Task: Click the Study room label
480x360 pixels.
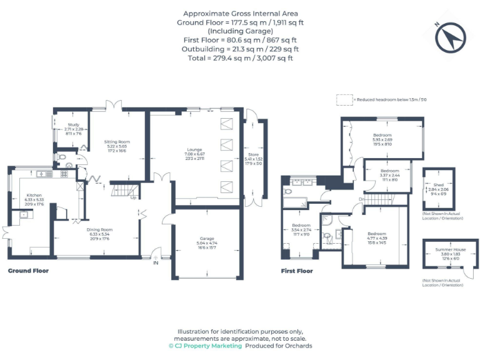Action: [x=73, y=125]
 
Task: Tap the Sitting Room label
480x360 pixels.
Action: [x=116, y=142]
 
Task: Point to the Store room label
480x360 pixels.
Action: [x=253, y=154]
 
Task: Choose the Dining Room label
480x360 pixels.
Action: [x=99, y=229]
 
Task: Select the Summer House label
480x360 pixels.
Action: [x=447, y=249]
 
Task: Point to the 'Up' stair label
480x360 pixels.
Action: [x=133, y=199]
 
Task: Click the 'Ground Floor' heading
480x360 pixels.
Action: [x=28, y=271]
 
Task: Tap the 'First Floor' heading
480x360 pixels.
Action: [x=297, y=271]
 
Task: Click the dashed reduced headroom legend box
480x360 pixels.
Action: [x=343, y=99]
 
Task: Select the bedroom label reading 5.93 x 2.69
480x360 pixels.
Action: [x=382, y=135]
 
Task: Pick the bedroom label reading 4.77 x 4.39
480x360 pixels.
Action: [x=377, y=233]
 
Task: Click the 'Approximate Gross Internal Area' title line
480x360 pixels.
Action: [x=240, y=13]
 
